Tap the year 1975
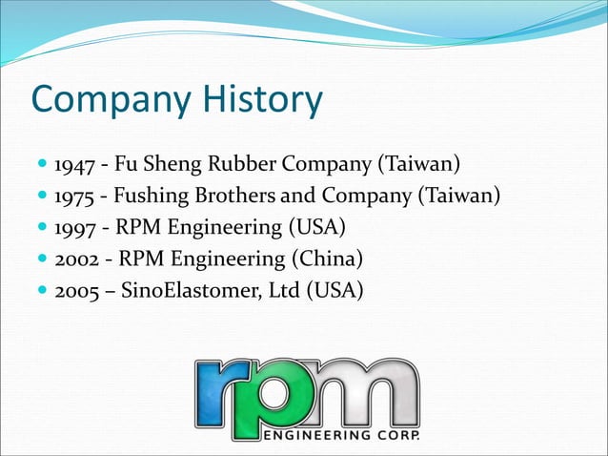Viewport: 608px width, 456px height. click(73, 197)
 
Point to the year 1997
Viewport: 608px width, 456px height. click(73, 228)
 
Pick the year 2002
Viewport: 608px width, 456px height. click(75, 259)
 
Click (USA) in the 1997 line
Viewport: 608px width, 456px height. click(315, 228)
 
